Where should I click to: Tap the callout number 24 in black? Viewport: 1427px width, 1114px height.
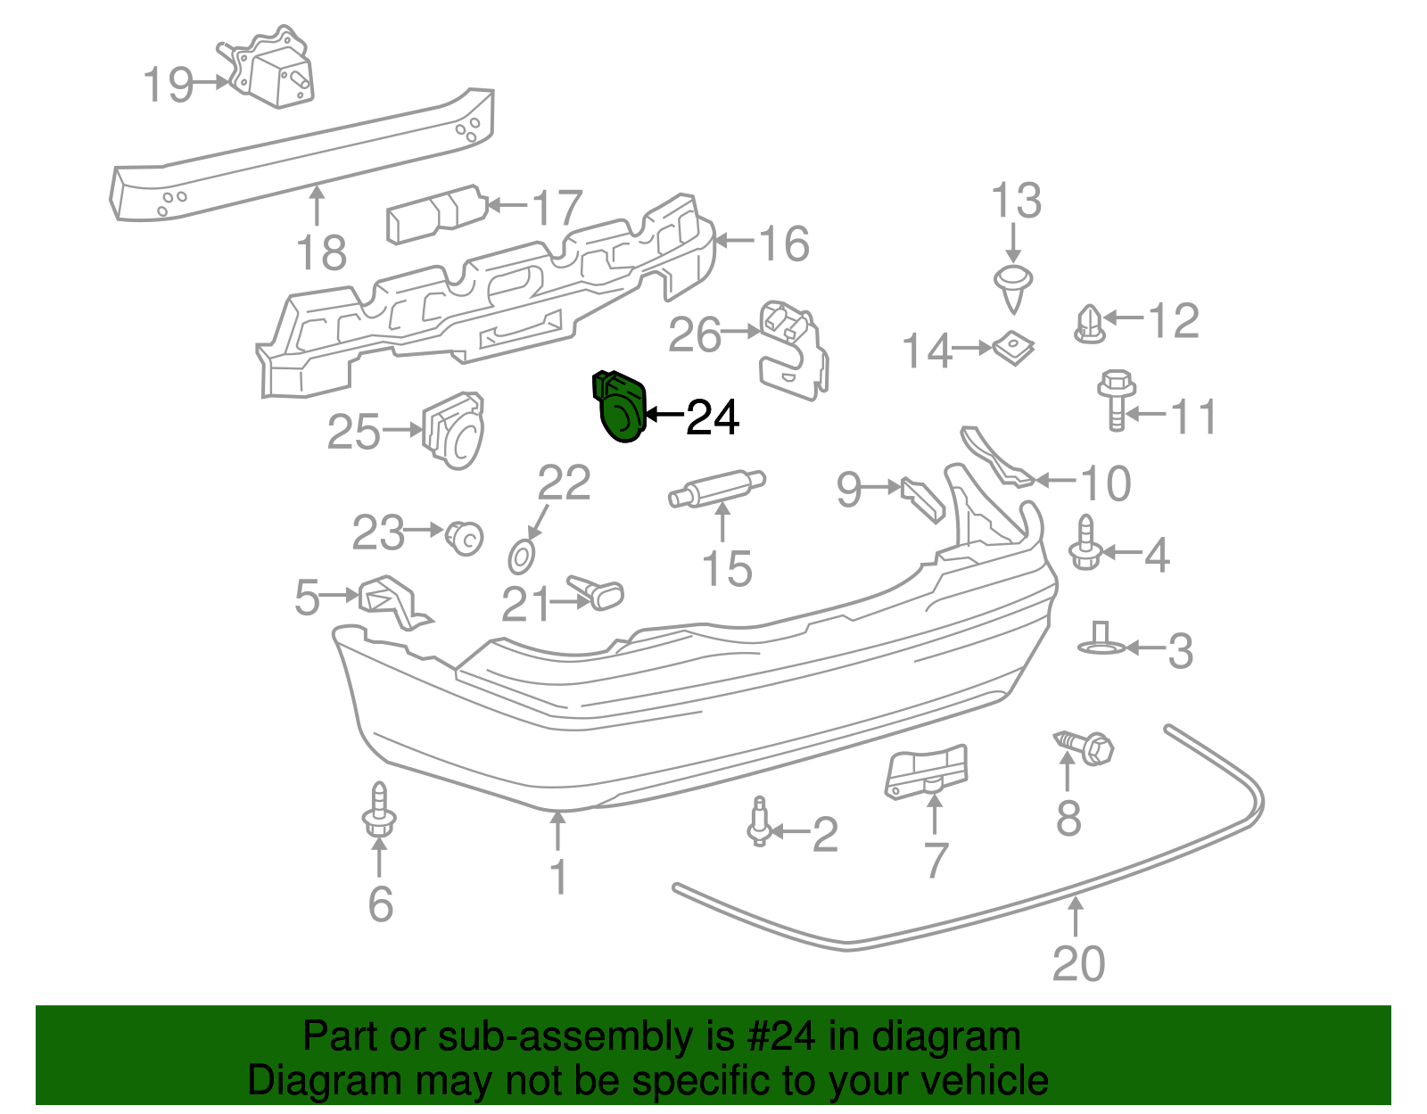[x=713, y=417]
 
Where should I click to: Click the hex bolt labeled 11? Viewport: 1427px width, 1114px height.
[x=1115, y=399]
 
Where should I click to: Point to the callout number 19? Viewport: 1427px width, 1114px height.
[x=168, y=85]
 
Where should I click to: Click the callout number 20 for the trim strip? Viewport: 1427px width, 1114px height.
[x=1078, y=963]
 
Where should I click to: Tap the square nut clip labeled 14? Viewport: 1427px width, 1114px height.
[x=1014, y=348]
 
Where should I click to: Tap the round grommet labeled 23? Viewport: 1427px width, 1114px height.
[x=464, y=537]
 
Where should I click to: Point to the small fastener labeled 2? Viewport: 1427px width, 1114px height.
[x=759, y=822]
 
